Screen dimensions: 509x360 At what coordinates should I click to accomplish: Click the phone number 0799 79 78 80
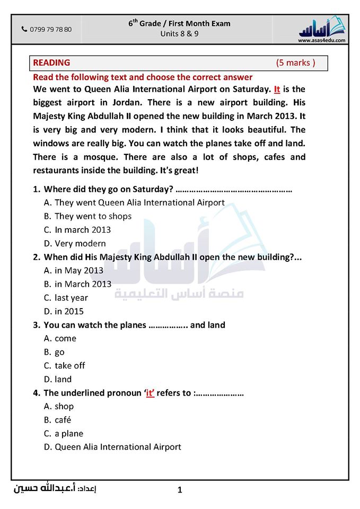50,30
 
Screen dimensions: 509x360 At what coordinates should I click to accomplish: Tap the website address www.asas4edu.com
322,40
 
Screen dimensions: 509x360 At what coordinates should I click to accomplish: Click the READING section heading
51,63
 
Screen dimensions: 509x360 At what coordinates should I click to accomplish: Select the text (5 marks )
295,63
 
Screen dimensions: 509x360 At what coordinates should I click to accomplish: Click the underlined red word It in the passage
277,89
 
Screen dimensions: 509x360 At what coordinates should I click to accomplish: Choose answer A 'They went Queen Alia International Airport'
139,203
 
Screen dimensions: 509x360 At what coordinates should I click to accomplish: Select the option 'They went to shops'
93,216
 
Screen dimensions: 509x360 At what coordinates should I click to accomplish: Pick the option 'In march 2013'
83,230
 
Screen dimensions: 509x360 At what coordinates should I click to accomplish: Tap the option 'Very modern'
80,244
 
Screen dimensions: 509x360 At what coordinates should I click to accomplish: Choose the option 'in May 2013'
79,270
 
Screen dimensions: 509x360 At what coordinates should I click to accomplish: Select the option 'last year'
71,298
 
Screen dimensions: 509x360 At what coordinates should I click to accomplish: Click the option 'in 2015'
69,312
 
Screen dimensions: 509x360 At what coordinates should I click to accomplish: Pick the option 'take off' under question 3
69,366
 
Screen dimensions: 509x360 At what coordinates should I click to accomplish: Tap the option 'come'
65,338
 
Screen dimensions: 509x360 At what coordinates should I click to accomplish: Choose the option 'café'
63,420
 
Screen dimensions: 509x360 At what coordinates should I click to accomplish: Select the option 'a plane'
69,434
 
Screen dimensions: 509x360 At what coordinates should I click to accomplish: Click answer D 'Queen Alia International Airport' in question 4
118,447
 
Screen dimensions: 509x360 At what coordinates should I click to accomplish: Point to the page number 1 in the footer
180,490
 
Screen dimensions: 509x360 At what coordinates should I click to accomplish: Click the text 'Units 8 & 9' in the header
179,34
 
